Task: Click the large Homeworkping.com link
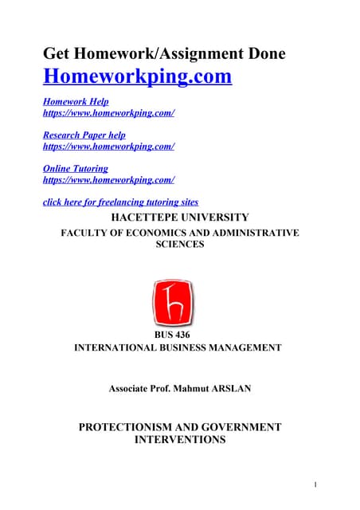click(x=137, y=77)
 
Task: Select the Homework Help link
click(x=76, y=102)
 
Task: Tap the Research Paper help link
click(x=84, y=135)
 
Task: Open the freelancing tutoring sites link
click(x=120, y=202)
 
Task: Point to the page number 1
click(x=315, y=484)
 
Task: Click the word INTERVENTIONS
click(x=179, y=440)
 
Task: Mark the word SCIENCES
click(x=179, y=245)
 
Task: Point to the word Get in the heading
click(x=58, y=53)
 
